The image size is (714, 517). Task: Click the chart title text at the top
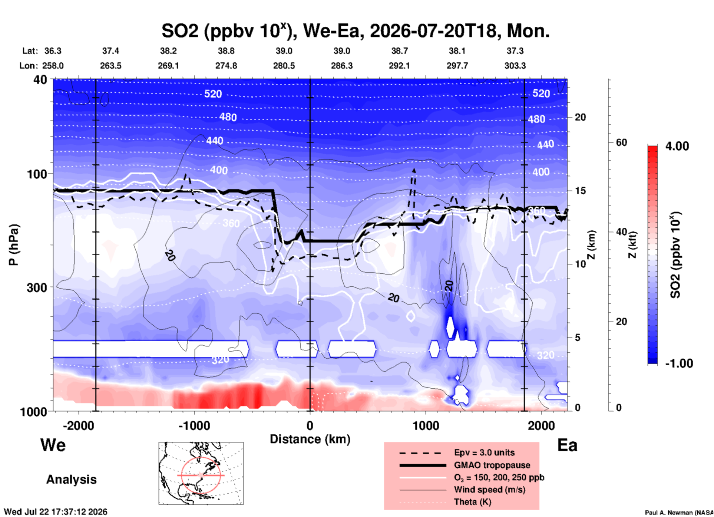tap(356, 31)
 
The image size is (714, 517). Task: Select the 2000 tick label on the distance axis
tap(541, 425)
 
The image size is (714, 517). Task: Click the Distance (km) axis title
tap(310, 439)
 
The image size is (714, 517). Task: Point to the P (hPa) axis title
tap(14, 245)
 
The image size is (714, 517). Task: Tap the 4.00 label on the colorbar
tap(677, 146)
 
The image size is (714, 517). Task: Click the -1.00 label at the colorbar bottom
tap(679, 363)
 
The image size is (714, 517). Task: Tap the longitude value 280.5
tap(284, 66)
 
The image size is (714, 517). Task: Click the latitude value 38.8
tap(226, 51)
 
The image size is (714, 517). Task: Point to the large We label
tap(53, 445)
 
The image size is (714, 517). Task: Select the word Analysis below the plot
tap(71, 480)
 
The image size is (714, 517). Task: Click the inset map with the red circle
tap(201, 473)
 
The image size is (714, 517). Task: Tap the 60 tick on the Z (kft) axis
tap(622, 142)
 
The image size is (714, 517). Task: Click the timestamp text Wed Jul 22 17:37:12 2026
tap(56, 512)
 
